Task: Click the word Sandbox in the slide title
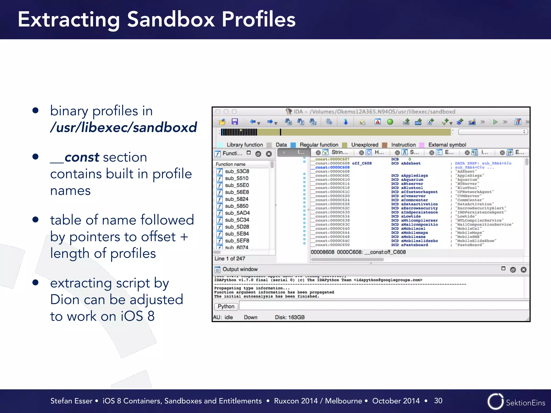[x=171, y=19]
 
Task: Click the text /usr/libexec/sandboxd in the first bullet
[x=123, y=127]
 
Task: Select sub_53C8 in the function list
[x=237, y=171]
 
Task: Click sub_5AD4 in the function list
[x=237, y=213]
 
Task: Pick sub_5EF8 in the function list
[x=237, y=241]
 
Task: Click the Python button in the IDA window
[x=226, y=306]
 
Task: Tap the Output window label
[x=240, y=269]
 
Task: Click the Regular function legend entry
[x=319, y=145]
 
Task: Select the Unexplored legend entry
[x=365, y=145]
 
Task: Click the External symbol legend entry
[x=447, y=145]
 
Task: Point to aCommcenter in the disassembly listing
[x=414, y=200]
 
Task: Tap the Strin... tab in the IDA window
[x=339, y=152]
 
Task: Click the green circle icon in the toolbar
[x=390, y=122]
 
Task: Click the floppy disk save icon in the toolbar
[x=235, y=122]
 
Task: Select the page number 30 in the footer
[x=438, y=401]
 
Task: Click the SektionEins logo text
[x=525, y=403]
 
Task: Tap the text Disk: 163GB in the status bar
[x=289, y=317]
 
